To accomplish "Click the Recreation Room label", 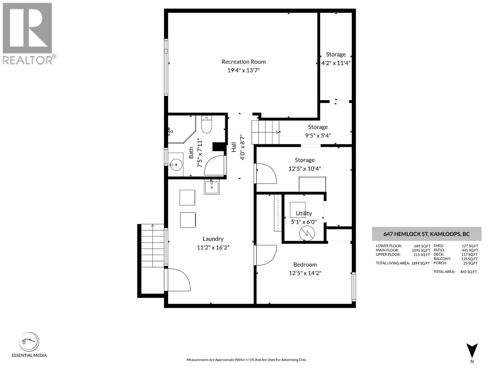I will pyautogui.click(x=243, y=62).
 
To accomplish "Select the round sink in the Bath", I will pyautogui.click(x=176, y=165).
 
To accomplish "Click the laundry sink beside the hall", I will pyautogui.click(x=212, y=187).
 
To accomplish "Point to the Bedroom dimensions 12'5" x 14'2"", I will pyautogui.click(x=305, y=273).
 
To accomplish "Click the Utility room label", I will pyautogui.click(x=304, y=213).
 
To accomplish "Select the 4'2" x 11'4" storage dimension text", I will pyautogui.click(x=336, y=63).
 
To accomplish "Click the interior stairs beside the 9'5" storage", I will pyautogui.click(x=265, y=132).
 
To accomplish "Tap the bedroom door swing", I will pyautogui.click(x=266, y=255).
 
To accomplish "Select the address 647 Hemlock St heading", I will pyautogui.click(x=426, y=234).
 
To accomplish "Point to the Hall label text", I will pyautogui.click(x=234, y=147).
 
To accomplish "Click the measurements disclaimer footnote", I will pyautogui.click(x=246, y=360).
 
